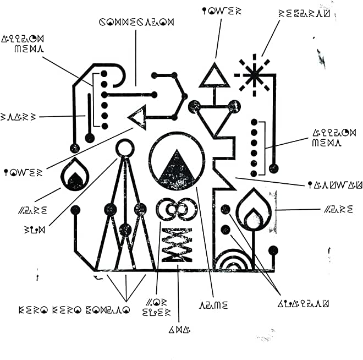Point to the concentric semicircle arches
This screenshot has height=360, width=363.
click(234, 262)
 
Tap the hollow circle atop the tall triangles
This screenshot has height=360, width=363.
click(125, 148)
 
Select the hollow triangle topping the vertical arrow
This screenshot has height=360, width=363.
click(214, 75)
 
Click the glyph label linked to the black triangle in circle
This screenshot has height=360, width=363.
click(213, 304)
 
